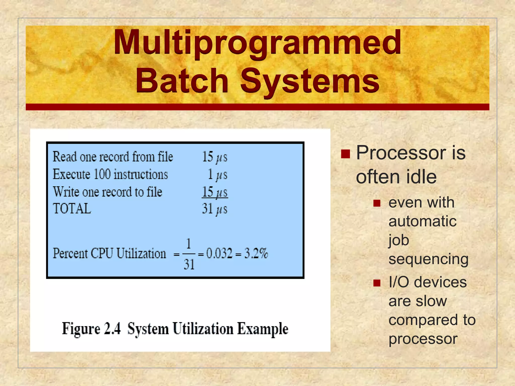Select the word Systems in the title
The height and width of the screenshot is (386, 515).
[310, 81]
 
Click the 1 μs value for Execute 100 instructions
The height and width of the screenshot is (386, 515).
[218, 174]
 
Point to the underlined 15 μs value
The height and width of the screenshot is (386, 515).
[215, 192]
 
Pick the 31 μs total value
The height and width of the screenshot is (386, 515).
[214, 209]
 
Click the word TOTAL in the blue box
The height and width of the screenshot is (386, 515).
[72, 209]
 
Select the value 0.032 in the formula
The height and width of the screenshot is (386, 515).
[219, 253]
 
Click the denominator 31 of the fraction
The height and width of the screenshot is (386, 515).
[189, 265]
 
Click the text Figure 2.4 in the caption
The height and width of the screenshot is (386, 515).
[91, 329]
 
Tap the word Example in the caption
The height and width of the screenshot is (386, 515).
[263, 329]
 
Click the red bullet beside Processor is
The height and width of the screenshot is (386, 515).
[346, 154]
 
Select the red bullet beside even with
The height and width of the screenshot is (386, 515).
[377, 203]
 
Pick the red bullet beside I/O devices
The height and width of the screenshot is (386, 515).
[377, 283]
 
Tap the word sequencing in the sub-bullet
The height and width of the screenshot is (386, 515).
[428, 259]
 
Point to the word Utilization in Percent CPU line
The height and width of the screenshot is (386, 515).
[141, 253]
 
